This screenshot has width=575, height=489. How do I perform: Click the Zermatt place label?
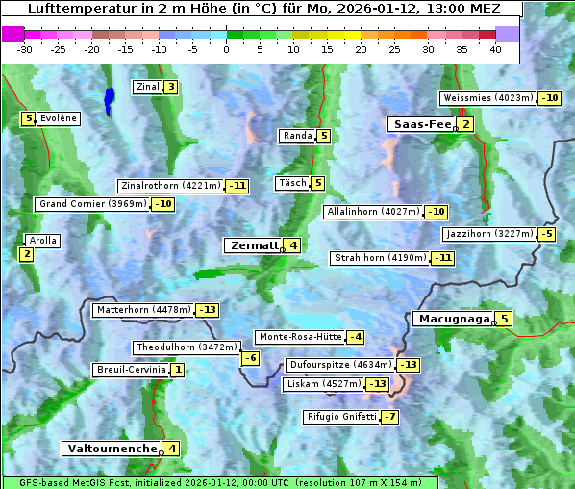pyautogui.click(x=254, y=245)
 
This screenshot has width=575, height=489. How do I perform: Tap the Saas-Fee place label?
pyautogui.click(x=419, y=124)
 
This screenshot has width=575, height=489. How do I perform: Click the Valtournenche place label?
pyautogui.click(x=111, y=449)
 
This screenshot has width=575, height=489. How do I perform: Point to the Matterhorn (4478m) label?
pyautogui.click(x=143, y=310)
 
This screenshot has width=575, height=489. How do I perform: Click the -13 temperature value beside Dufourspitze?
pyautogui.click(x=409, y=365)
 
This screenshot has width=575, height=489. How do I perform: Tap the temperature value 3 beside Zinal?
pyautogui.click(x=171, y=87)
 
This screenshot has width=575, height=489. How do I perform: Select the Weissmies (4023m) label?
pyautogui.click(x=487, y=98)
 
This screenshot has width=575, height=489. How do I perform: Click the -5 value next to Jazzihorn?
pyautogui.click(x=547, y=234)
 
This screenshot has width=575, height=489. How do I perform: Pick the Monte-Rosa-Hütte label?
pyautogui.click(x=300, y=337)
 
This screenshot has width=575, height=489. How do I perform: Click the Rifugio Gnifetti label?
pyautogui.click(x=341, y=417)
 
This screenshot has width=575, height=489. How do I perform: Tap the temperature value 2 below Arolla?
pyautogui.click(x=26, y=254)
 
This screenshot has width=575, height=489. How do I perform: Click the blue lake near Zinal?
pyautogui.click(x=109, y=99)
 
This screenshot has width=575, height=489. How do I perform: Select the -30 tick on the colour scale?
pyautogui.click(x=24, y=50)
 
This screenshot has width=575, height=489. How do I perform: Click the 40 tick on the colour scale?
pyautogui.click(x=495, y=50)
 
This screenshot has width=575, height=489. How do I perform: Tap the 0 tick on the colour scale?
pyautogui.click(x=226, y=50)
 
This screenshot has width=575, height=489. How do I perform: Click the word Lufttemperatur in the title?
pyautogui.click(x=73, y=9)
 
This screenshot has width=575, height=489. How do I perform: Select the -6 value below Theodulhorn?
pyautogui.click(x=250, y=358)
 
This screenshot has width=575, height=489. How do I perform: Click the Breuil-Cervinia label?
pyautogui.click(x=130, y=370)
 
